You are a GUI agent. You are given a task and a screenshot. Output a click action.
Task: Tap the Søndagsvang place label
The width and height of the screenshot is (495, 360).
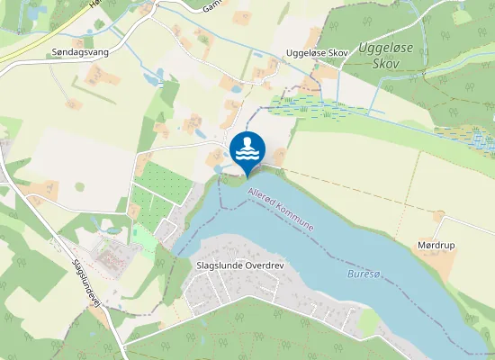pyautogui.click(x=80, y=52)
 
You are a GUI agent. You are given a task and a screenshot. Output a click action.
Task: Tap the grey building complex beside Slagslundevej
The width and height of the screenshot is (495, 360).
pyautogui.click(x=114, y=253)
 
